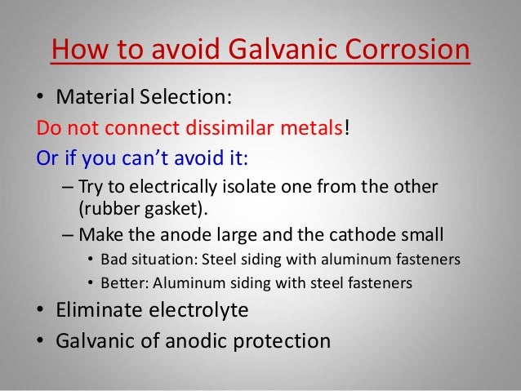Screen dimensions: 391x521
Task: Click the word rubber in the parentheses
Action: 105,208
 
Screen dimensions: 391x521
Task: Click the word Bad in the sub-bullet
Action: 114,261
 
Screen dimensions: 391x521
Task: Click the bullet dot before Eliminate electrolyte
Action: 38,312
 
